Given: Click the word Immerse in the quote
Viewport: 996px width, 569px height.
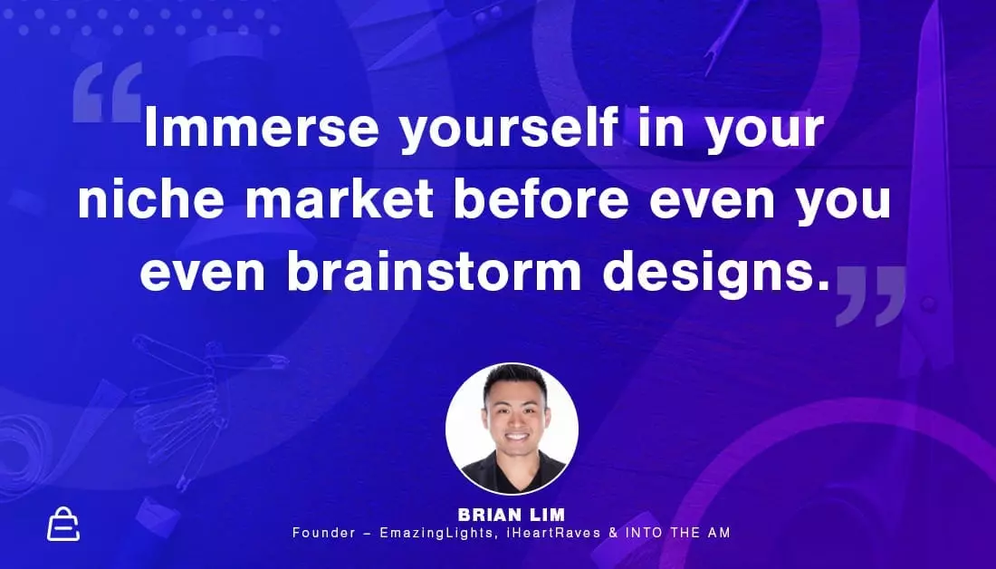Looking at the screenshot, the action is click(262, 128).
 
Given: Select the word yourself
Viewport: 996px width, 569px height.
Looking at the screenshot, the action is click(509, 131).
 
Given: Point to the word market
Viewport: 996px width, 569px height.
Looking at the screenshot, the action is click(340, 198).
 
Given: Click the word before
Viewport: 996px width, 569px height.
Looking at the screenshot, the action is click(541, 198).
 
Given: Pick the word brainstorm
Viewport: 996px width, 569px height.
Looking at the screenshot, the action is click(434, 271).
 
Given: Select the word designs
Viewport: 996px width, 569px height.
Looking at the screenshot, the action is click(716, 275).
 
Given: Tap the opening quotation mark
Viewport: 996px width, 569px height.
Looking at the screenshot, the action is click(108, 92).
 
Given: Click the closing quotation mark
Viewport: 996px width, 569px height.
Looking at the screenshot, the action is click(871, 295).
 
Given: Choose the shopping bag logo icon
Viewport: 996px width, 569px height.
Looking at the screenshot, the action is click(63, 525).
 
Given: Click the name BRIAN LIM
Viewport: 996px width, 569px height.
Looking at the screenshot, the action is click(512, 515).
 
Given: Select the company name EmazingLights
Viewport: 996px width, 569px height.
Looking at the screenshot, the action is click(438, 533).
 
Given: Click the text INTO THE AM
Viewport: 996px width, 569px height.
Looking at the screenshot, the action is click(678, 533).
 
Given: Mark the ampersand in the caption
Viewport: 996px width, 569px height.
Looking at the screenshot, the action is click(613, 533).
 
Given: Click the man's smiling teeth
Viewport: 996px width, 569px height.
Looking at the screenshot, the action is click(516, 438).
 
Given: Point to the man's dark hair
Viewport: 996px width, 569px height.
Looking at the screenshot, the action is click(515, 382).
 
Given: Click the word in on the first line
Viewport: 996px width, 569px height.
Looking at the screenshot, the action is click(661, 128).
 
